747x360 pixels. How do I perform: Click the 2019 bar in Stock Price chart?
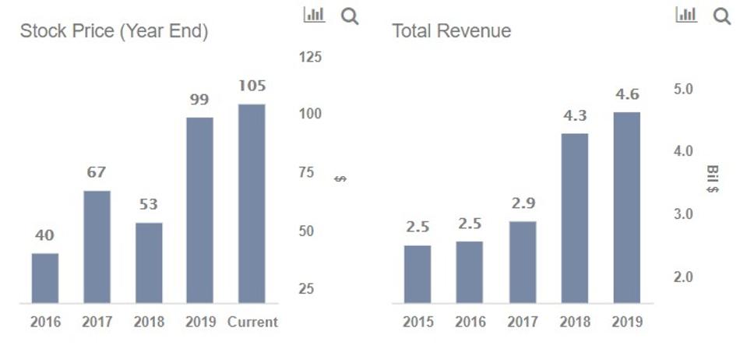pos(199,210)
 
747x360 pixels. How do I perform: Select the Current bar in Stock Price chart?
pos(252,203)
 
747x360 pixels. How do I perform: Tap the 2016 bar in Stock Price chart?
pos(45,278)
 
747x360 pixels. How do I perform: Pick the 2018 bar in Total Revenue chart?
pos(575,218)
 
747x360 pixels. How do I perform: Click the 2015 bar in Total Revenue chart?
pos(418,274)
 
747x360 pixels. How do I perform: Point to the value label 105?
pos(252,86)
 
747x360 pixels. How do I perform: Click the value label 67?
pos(96,172)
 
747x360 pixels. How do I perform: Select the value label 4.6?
pos(627,94)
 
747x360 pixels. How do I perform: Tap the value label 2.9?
pos(523,203)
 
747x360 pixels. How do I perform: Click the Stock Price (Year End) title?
pos(114,31)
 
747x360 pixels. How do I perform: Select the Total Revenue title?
pos(451,31)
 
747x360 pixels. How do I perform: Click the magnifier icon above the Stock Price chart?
pos(350,16)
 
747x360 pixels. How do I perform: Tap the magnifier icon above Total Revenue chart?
pos(722,16)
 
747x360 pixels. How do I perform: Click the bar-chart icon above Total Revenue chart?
pos(686,15)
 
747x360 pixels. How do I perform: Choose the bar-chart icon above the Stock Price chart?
pos(314,15)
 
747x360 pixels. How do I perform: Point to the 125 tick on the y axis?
pos(310,57)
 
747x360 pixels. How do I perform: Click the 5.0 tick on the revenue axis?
pos(683,90)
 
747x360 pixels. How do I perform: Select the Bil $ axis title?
pos(712,179)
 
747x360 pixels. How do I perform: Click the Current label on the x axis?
pos(252,322)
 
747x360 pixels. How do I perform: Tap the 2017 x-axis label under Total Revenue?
pos(523,322)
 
